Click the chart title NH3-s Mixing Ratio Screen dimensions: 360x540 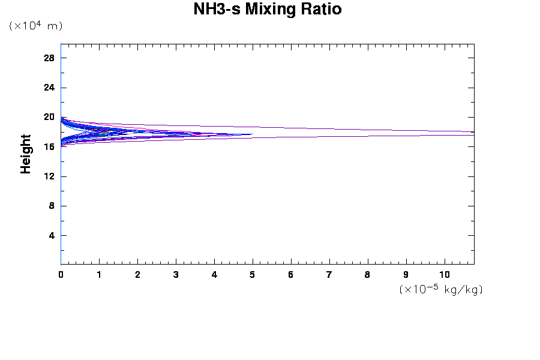click(268, 10)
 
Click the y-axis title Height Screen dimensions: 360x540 click(26, 154)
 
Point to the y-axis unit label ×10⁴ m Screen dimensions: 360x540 click(35, 26)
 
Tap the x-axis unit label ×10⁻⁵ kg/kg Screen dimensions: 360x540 click(441, 289)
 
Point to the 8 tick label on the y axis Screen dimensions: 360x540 click(52, 206)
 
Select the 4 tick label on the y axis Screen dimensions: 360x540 click(52, 235)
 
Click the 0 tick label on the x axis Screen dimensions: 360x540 click(61, 275)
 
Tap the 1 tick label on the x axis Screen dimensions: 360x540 click(99, 275)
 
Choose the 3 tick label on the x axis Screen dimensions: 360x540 click(176, 275)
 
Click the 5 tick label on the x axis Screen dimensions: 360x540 click(253, 275)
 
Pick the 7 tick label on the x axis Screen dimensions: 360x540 click(329, 275)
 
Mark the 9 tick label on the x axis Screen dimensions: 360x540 click(406, 275)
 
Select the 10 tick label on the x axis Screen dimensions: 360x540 click(445, 275)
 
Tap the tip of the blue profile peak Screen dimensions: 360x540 click(252, 134)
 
